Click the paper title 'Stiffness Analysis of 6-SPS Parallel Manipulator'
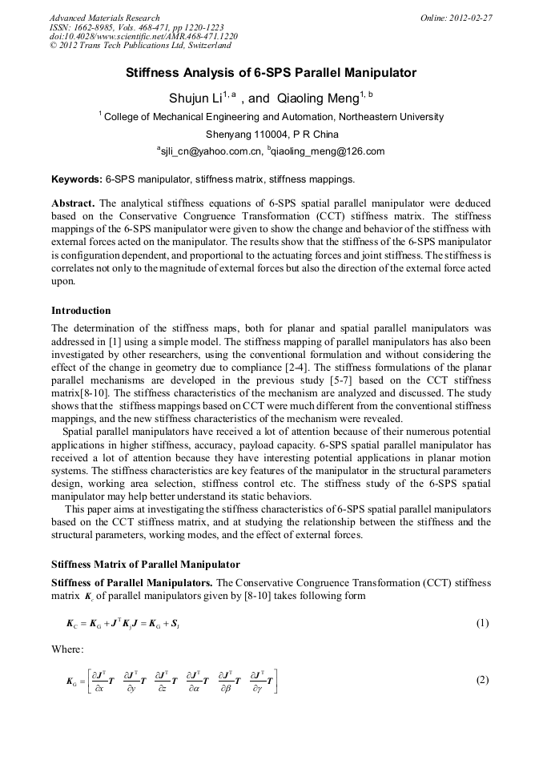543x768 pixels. click(x=271, y=73)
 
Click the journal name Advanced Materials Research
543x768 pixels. click(x=104, y=18)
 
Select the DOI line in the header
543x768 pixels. click(x=143, y=36)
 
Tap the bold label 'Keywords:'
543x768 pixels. click(x=77, y=179)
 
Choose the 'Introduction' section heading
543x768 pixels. click(x=81, y=311)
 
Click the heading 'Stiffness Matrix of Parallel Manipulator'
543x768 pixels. click(x=145, y=564)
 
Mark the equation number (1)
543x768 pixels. click(x=482, y=623)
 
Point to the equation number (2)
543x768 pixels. click(x=482, y=681)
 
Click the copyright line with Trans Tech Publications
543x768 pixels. click(x=141, y=46)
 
